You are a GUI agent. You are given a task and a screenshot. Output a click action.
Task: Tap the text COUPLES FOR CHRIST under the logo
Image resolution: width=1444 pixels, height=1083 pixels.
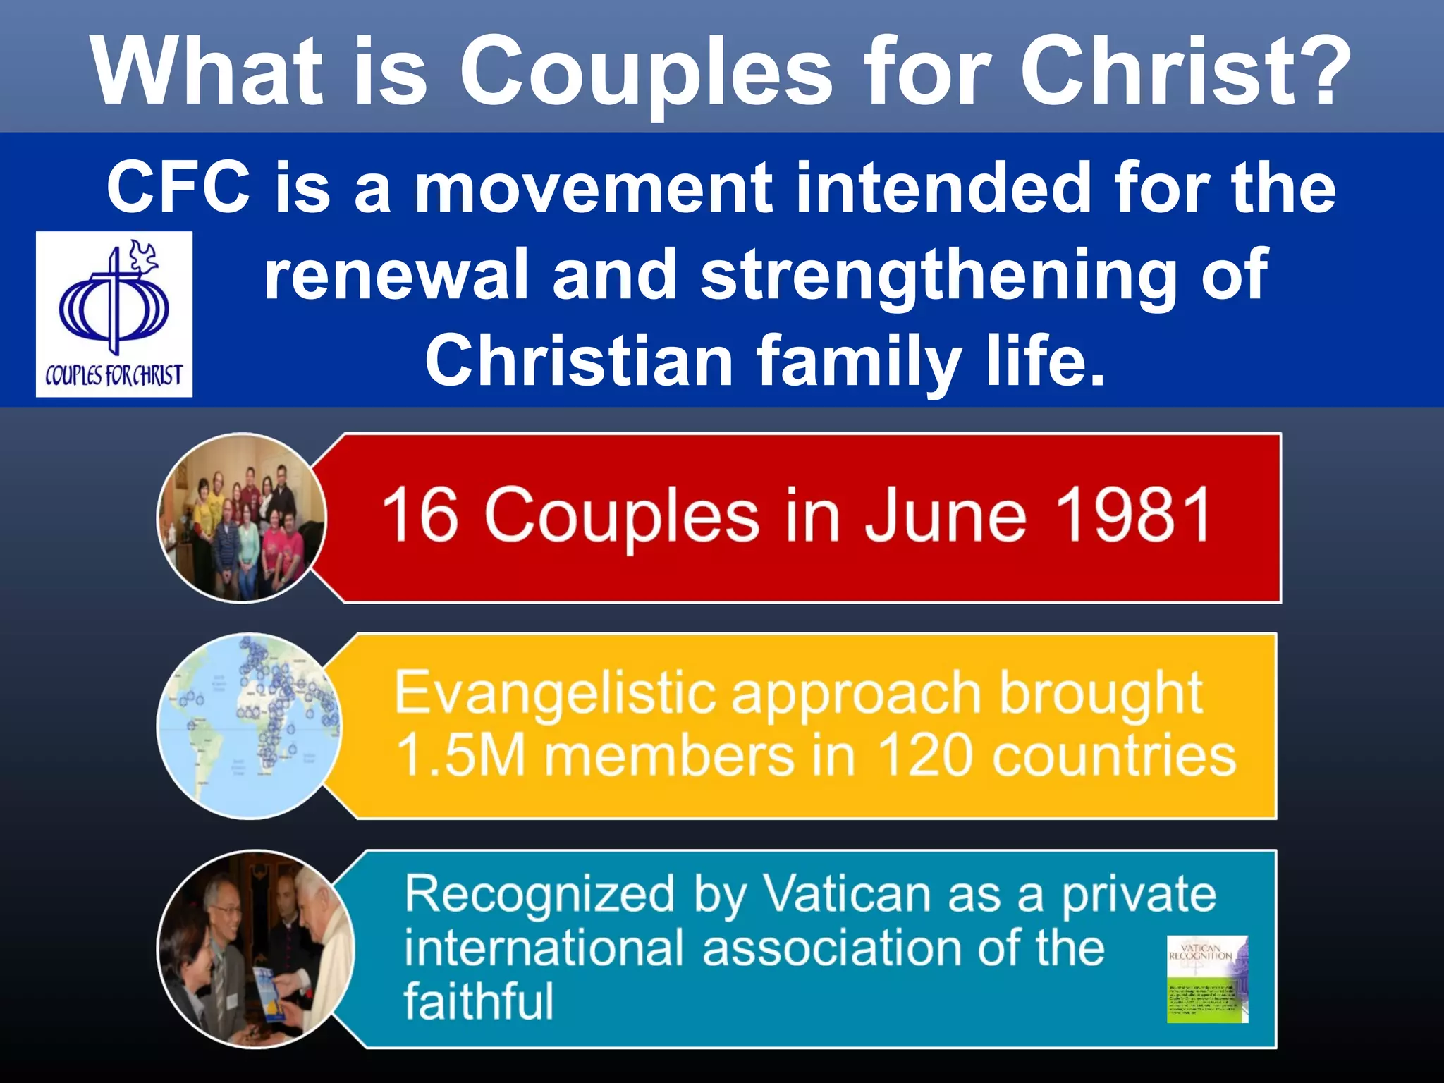(x=114, y=375)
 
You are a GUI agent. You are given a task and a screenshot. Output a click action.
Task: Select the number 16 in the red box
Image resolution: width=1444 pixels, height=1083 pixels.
(x=420, y=515)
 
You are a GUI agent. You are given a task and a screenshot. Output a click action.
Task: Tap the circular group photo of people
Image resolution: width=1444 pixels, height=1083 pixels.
(x=241, y=518)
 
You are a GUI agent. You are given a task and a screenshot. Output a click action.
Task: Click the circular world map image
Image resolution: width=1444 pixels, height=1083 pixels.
(x=247, y=726)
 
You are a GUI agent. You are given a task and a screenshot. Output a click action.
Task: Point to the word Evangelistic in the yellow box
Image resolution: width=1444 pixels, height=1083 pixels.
(x=553, y=694)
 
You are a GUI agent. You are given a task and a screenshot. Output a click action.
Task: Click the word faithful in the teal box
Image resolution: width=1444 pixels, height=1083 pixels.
(x=479, y=1001)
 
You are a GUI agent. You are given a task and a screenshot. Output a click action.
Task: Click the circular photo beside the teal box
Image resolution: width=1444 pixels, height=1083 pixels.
(x=254, y=949)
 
